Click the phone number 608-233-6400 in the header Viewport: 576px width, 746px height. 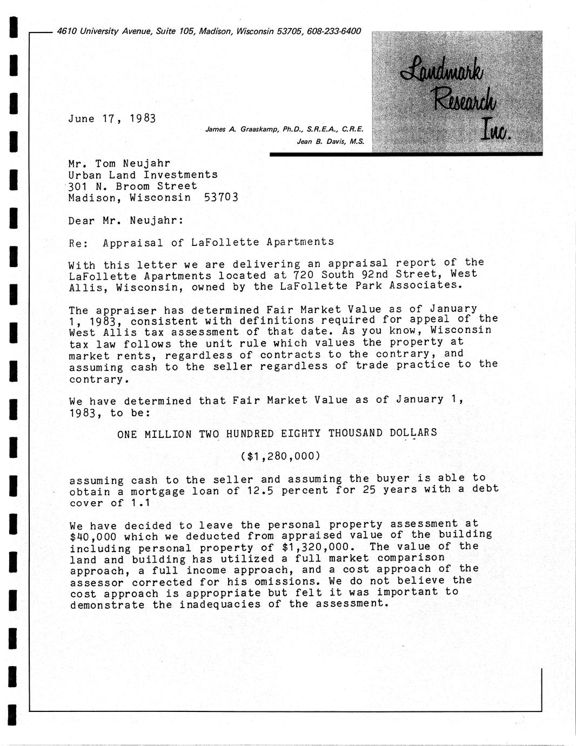(x=333, y=31)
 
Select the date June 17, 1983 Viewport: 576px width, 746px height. (x=112, y=118)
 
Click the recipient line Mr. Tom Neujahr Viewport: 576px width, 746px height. (x=119, y=163)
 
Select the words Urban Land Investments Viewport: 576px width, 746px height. (x=143, y=175)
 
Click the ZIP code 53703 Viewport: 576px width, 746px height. (x=221, y=197)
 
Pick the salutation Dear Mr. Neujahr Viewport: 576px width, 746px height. (x=126, y=221)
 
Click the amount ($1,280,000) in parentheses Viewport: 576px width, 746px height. (x=280, y=456)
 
